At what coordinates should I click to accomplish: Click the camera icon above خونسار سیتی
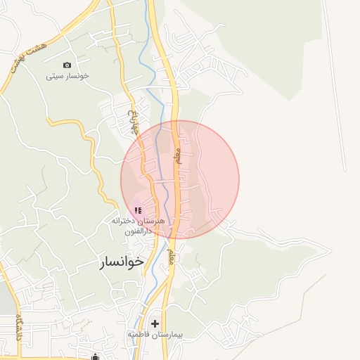(67, 65)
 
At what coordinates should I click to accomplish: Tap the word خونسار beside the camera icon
(79, 75)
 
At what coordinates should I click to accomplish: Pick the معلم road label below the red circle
(170, 257)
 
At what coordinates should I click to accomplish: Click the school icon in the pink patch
(138, 210)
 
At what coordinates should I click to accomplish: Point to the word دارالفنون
(138, 231)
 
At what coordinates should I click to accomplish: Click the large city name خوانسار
(121, 262)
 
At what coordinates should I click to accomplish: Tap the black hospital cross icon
(155, 323)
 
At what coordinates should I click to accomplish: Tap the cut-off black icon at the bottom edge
(95, 356)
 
